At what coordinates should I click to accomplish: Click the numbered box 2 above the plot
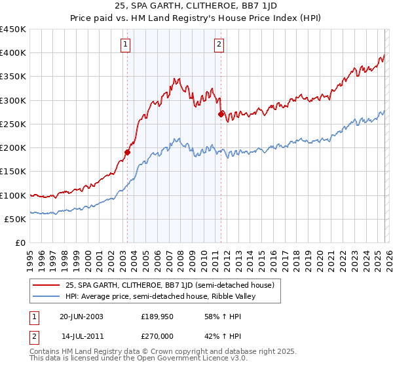click(x=219, y=45)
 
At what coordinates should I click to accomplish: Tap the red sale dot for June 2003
click(x=127, y=152)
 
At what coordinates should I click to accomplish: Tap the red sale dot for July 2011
click(x=221, y=114)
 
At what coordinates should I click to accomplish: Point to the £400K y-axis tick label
click(x=12, y=53)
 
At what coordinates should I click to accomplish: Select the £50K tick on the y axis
click(x=14, y=219)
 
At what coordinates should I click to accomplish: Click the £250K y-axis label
click(x=12, y=124)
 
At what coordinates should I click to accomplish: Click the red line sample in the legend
click(x=47, y=285)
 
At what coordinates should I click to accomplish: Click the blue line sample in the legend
click(x=47, y=296)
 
